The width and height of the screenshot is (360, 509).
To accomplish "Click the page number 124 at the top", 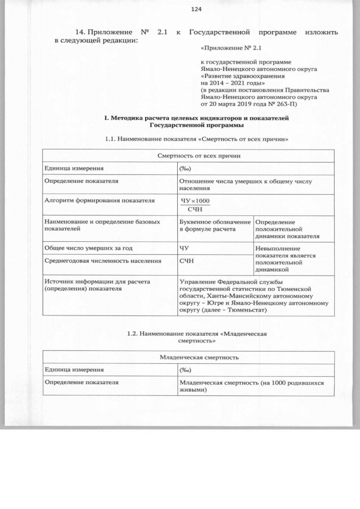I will (x=196, y=10).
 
